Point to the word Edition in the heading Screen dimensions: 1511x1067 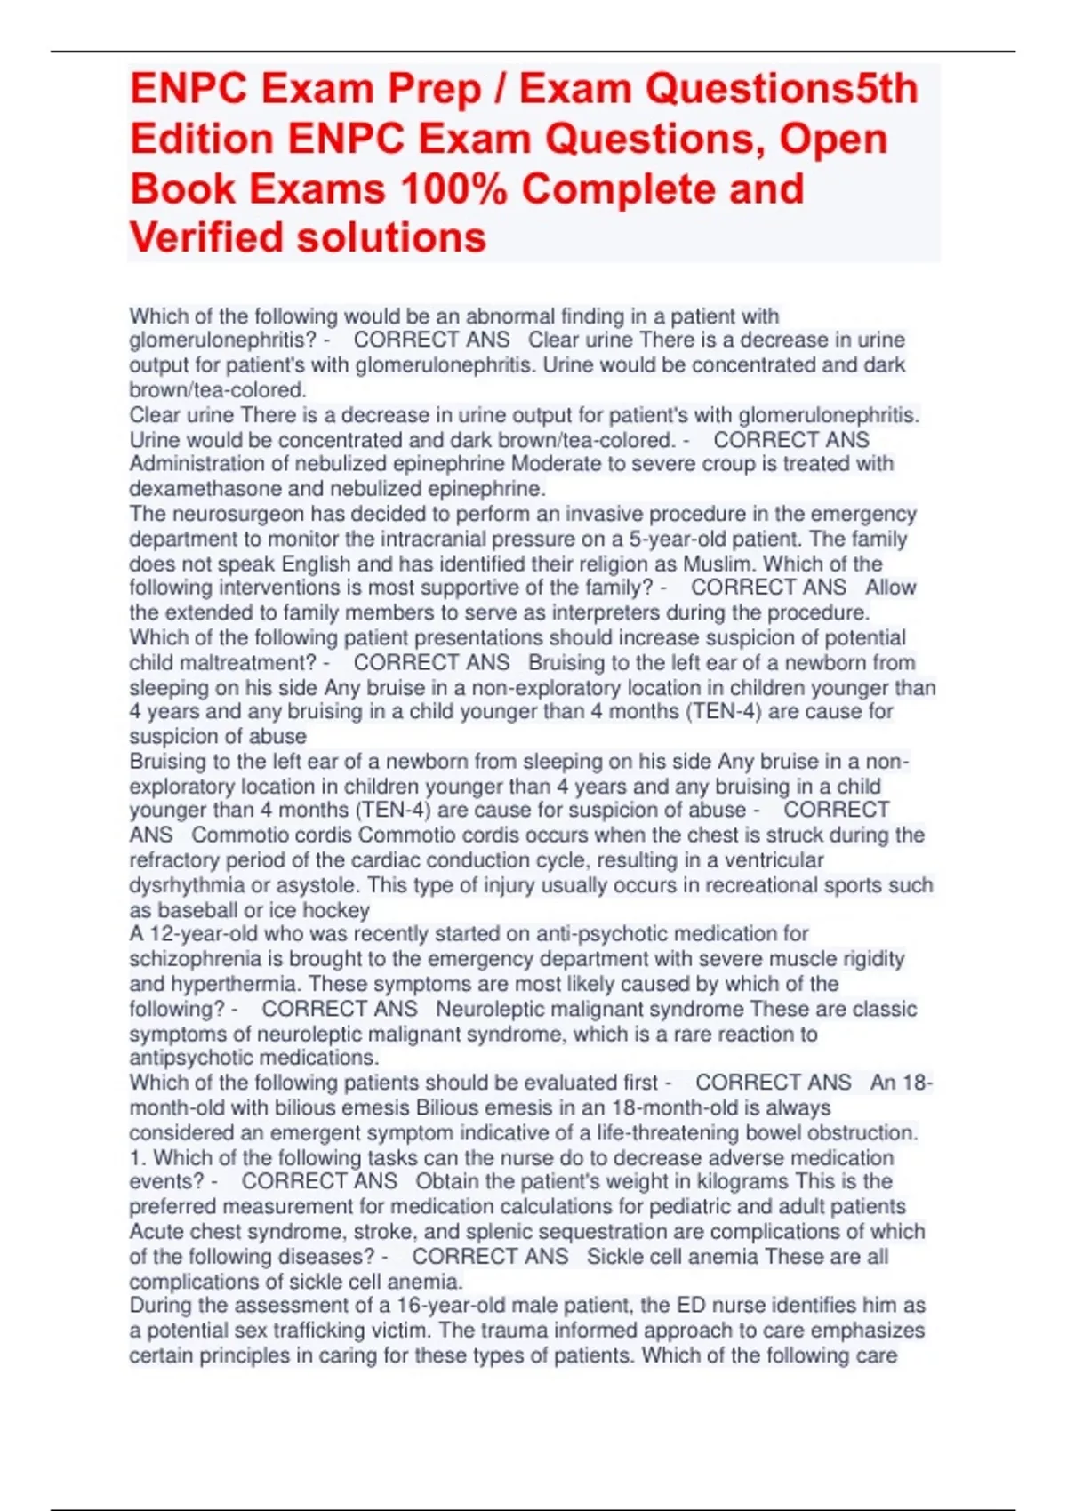(x=202, y=140)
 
